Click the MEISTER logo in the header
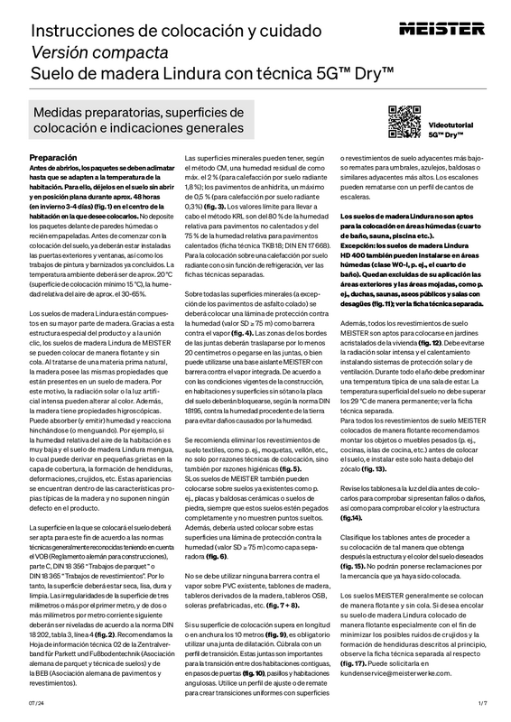[x=454, y=19]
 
